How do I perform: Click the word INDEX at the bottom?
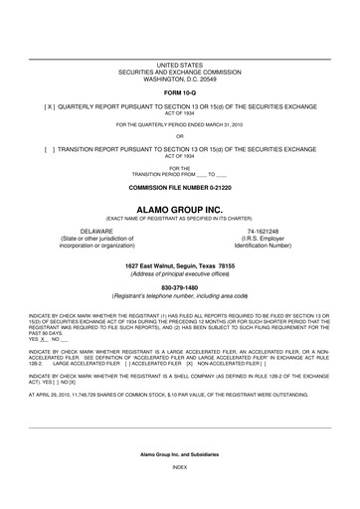click(x=179, y=494)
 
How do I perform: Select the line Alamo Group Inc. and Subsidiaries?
click(x=179, y=480)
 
